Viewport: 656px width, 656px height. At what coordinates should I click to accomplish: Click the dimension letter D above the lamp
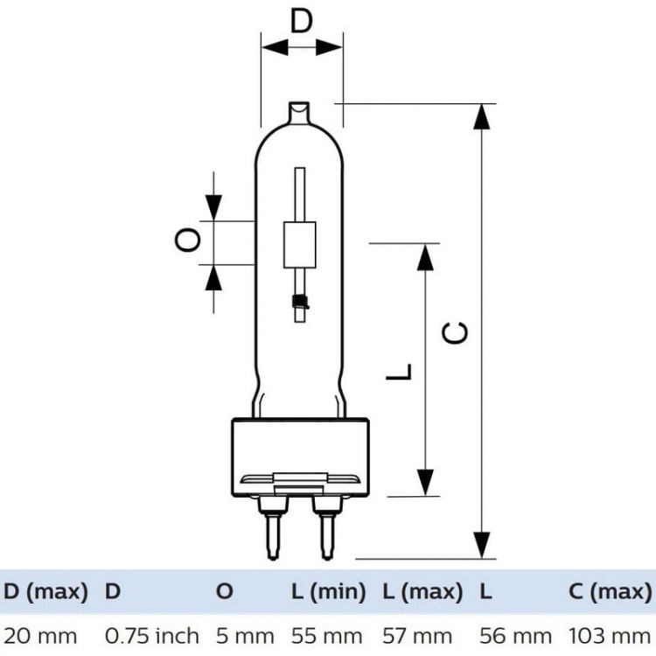click(x=301, y=20)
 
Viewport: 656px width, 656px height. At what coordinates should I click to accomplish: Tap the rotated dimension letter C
click(x=454, y=332)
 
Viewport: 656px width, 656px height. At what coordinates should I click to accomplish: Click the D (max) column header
click(x=46, y=592)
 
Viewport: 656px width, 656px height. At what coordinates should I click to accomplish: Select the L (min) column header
click(x=328, y=592)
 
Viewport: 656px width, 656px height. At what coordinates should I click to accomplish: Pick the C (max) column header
click(x=609, y=592)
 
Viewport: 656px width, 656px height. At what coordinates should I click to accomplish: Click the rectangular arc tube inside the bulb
click(x=300, y=245)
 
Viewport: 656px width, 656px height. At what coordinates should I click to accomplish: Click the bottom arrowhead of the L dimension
click(x=425, y=482)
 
